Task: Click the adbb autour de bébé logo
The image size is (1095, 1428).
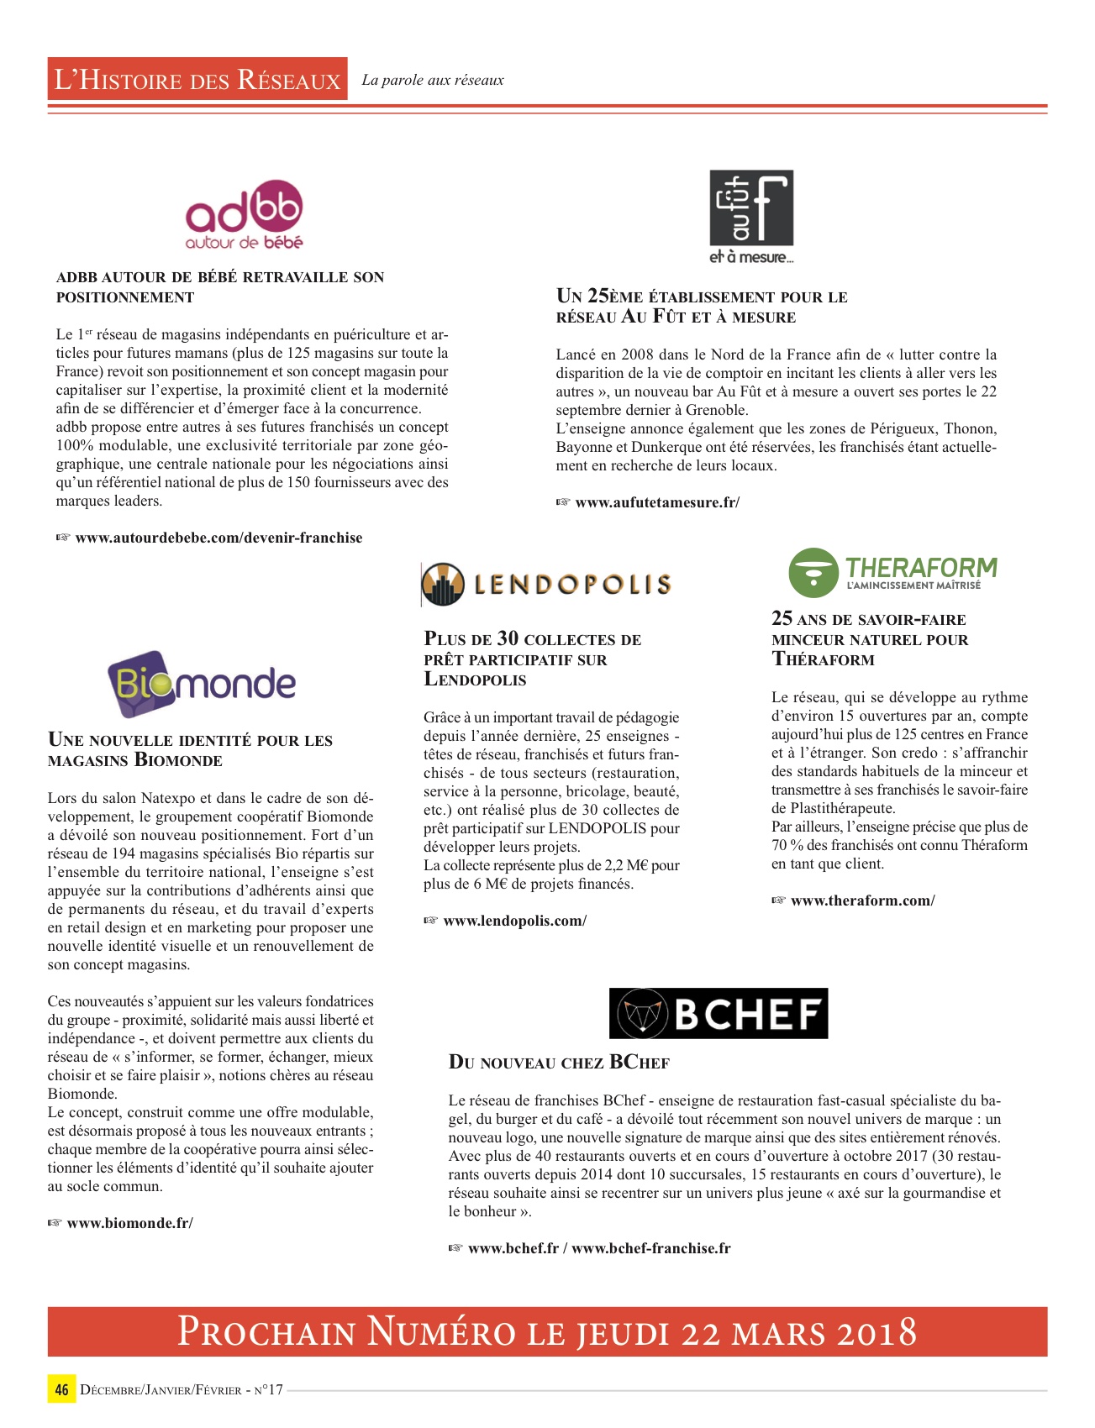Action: [244, 215]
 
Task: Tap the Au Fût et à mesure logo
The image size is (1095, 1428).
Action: [751, 217]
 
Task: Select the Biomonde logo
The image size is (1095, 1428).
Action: [202, 684]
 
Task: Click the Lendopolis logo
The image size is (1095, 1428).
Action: [546, 585]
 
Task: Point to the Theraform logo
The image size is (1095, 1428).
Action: [892, 572]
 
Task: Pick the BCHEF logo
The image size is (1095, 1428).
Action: [719, 1013]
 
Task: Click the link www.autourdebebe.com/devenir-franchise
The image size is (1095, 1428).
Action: [218, 538]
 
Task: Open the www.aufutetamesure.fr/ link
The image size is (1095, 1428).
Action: [657, 502]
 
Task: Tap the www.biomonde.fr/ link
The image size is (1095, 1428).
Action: [129, 1223]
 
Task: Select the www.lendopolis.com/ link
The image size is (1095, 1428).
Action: [514, 921]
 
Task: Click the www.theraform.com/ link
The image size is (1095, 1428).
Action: [862, 900]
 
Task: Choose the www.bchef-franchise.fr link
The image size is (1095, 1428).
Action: [651, 1248]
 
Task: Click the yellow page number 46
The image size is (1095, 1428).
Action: [61, 1389]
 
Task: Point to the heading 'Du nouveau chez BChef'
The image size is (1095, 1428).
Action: [559, 1063]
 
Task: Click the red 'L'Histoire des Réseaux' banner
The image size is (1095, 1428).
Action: [197, 80]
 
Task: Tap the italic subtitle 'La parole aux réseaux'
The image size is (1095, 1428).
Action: [433, 81]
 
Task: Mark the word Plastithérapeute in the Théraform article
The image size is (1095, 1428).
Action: [843, 808]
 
